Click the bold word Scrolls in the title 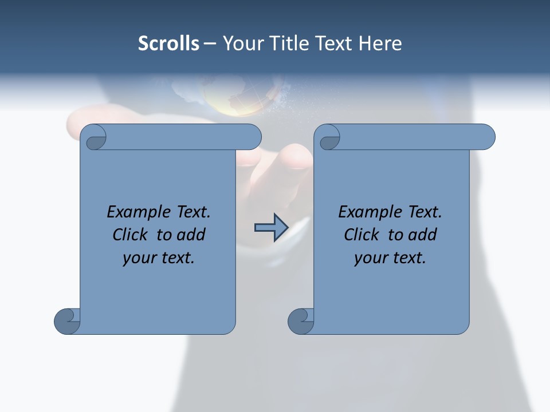pyautogui.click(x=169, y=43)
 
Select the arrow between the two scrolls pyautogui.click(x=271, y=227)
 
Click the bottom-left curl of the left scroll pyautogui.click(x=66, y=320)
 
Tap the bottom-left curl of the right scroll pyautogui.click(x=300, y=320)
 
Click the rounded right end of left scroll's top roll pyautogui.click(x=252, y=137)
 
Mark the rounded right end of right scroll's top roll pyautogui.click(x=486, y=137)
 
